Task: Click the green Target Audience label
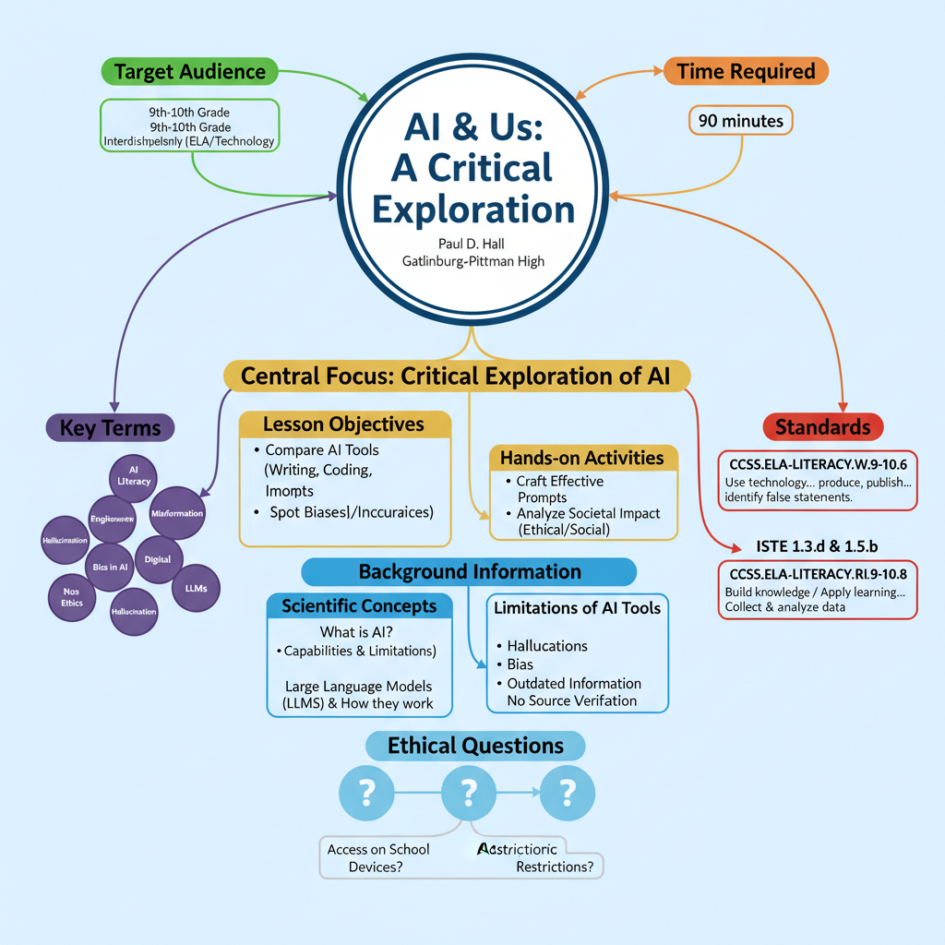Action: [x=189, y=71]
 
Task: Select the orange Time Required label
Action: [x=746, y=71]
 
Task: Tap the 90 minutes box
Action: [x=740, y=121]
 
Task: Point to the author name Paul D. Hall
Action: [x=472, y=243]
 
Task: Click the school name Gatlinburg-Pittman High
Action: [x=472, y=261]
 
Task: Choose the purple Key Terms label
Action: [x=110, y=427]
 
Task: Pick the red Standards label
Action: [x=822, y=426]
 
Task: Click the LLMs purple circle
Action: [x=196, y=588]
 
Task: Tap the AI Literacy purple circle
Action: [x=134, y=475]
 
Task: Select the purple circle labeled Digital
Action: [x=158, y=560]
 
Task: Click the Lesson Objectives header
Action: [x=343, y=424]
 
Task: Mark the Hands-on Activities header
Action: [x=581, y=458]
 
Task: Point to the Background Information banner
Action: [x=470, y=571]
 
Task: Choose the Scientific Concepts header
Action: [x=359, y=606]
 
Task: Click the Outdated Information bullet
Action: [x=573, y=683]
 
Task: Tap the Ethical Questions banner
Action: [x=475, y=746]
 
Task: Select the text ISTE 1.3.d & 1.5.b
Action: [x=818, y=546]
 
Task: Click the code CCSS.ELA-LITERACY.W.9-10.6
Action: [x=817, y=464]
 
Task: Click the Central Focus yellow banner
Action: [x=457, y=376]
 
